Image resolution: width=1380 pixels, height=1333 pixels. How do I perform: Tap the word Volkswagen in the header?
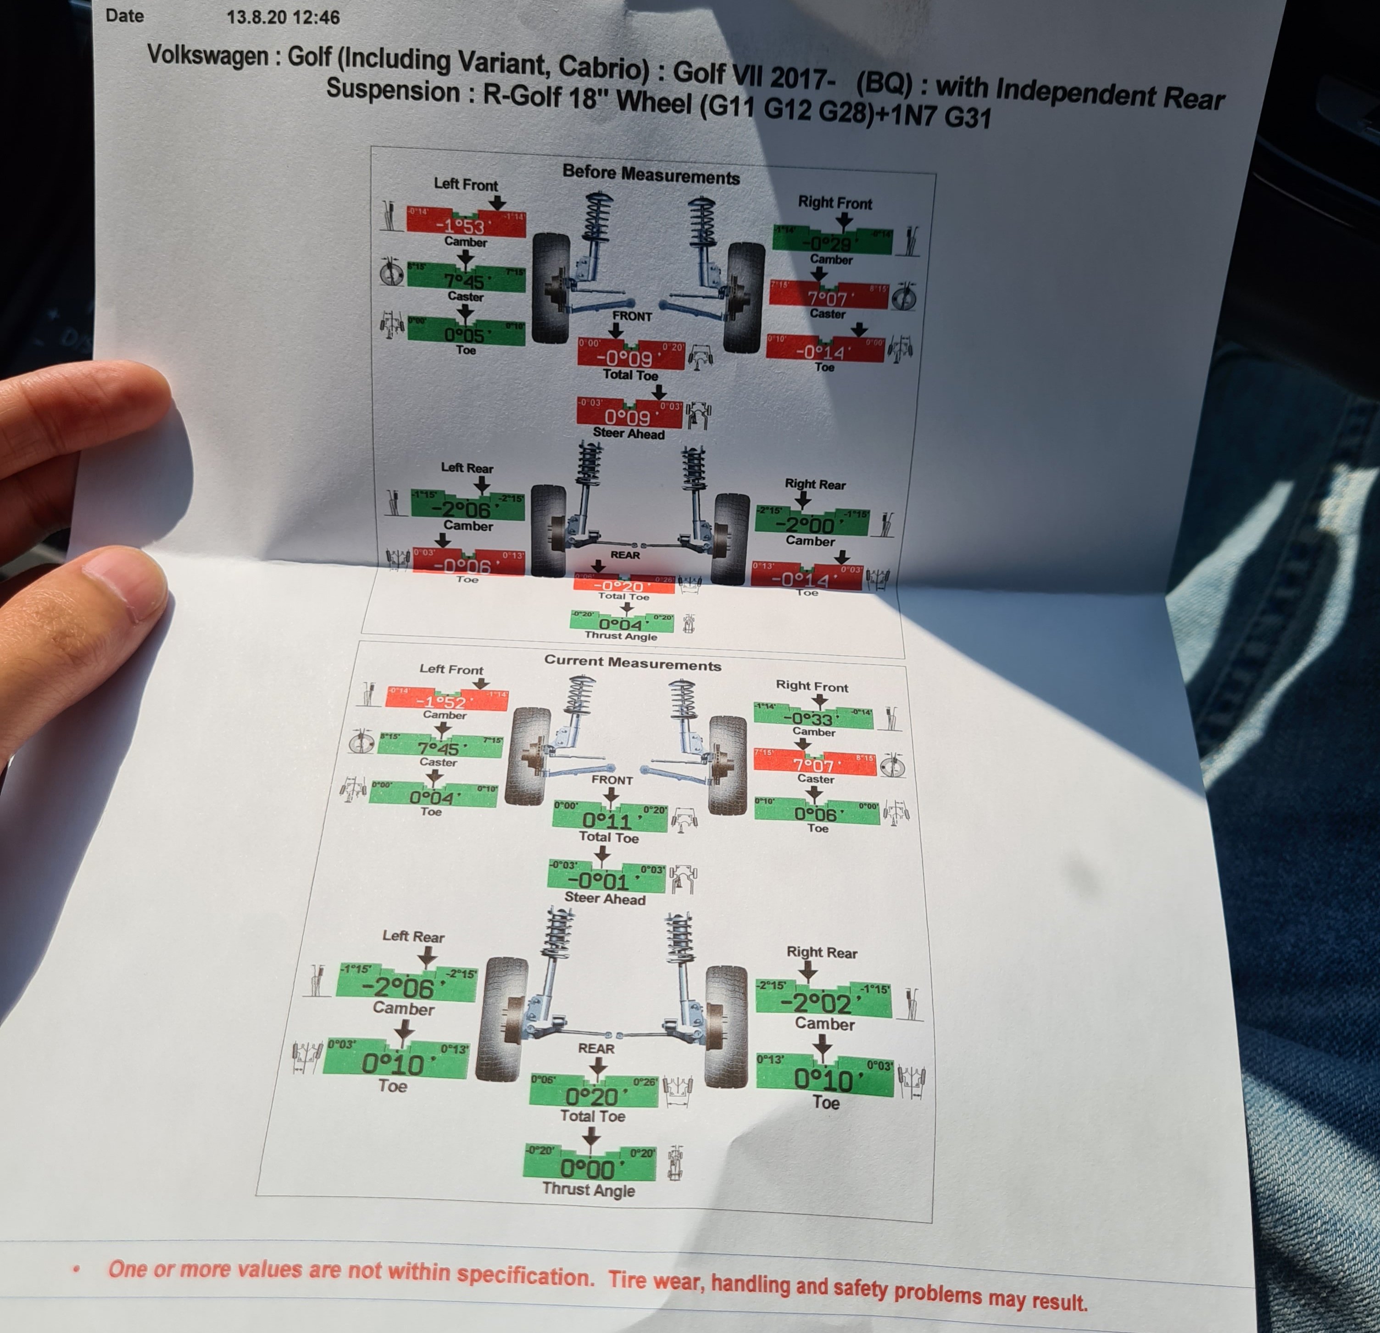point(208,55)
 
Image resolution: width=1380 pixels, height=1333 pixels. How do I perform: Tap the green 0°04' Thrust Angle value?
point(621,623)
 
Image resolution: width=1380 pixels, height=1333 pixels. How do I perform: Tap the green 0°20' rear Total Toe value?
point(592,1095)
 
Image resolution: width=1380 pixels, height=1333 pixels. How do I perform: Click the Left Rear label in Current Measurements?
point(413,936)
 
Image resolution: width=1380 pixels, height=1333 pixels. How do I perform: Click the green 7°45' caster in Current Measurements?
point(439,747)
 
